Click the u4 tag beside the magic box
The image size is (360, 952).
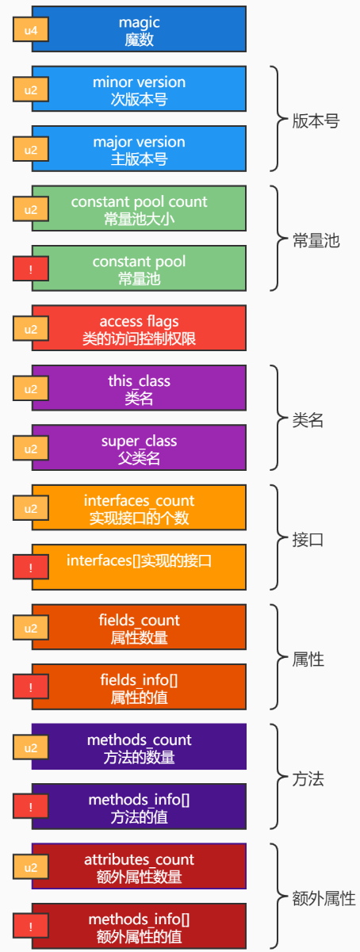pos(31,29)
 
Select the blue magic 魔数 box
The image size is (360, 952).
pos(139,29)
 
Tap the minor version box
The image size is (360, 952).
pos(139,89)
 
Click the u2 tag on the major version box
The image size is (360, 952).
pos(31,149)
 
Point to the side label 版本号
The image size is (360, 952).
pos(316,121)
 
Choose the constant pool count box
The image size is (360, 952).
pos(139,208)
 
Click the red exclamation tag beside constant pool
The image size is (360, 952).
pos(31,269)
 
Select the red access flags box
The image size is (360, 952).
pos(139,328)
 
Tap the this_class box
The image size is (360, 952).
pos(139,388)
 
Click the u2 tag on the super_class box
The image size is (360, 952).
pos(31,449)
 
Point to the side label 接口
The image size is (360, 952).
pos(308,540)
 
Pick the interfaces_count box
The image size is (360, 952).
pos(139,507)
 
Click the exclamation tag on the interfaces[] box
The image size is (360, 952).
pos(31,568)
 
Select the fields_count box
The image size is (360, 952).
pos(139,627)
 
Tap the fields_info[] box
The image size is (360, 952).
pos(139,687)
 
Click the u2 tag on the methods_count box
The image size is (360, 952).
pos(31,747)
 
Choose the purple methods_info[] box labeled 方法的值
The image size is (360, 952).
pos(139,807)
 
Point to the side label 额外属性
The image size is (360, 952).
pos(324,899)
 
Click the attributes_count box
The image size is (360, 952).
pos(139,866)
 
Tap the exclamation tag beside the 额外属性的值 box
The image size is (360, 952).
pos(31,927)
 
